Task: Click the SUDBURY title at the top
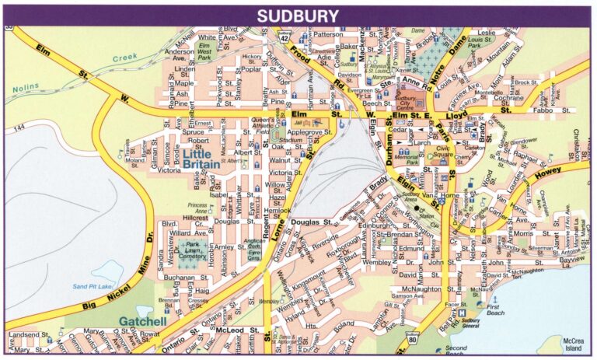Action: click(298, 16)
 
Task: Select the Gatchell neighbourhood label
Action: click(145, 320)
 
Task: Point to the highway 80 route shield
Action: click(413, 337)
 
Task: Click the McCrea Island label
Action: click(573, 344)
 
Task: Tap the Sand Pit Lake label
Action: click(94, 287)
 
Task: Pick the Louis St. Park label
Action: click(479, 42)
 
